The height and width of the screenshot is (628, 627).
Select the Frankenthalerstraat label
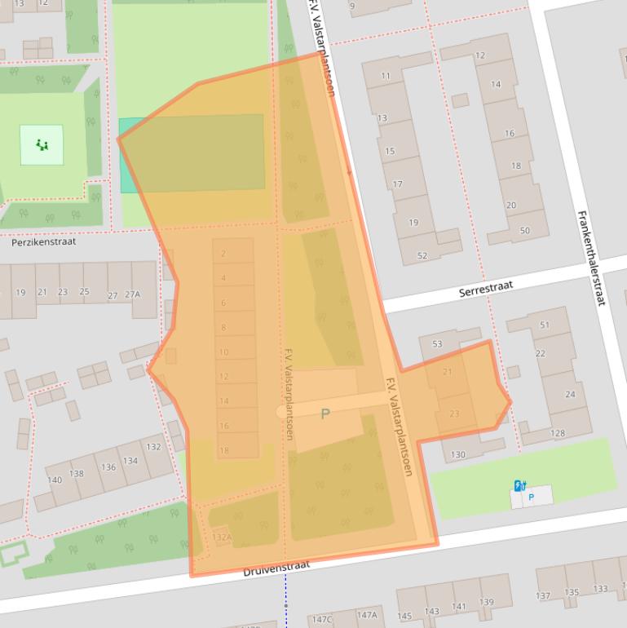click(591, 258)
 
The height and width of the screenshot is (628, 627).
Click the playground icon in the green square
click(42, 144)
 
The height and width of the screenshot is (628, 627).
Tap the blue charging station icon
click(519, 485)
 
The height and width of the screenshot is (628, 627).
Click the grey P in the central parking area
click(325, 414)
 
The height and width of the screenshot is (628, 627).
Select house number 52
click(422, 256)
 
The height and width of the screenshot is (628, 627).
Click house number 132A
click(222, 537)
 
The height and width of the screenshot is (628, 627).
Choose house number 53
click(437, 344)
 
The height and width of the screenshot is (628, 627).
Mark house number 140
click(54, 480)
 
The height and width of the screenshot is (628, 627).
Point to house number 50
click(524, 231)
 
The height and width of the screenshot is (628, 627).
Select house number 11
click(386, 76)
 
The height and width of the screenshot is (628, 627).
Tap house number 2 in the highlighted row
click(223, 254)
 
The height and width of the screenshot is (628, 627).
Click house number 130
click(457, 454)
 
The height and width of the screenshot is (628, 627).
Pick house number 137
click(543, 595)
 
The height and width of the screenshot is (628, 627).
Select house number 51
click(545, 325)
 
